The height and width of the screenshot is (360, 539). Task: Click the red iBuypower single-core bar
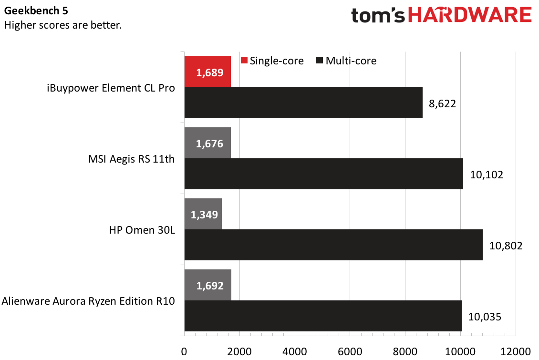[207, 72]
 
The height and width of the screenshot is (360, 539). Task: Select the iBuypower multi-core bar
[303, 103]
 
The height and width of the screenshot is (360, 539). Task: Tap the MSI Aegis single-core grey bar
[207, 143]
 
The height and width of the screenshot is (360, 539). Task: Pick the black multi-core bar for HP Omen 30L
[333, 245]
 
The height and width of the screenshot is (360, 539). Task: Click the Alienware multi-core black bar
[323, 316]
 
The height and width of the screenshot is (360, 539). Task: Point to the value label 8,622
[442, 103]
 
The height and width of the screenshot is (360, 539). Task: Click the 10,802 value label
[506, 246]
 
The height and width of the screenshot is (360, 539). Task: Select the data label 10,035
[484, 317]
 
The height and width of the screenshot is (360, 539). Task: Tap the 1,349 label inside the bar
[204, 214]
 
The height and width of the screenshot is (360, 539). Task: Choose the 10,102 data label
[486, 175]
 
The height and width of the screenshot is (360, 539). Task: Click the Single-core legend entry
[272, 61]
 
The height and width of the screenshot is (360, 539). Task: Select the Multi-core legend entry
[345, 61]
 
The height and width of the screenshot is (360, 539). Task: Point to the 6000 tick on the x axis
[350, 351]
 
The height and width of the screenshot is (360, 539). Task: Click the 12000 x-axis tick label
[516, 351]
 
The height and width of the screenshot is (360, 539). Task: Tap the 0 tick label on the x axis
[184, 351]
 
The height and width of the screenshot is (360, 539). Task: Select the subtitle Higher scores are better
[62, 25]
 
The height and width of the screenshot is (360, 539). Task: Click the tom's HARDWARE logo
[441, 16]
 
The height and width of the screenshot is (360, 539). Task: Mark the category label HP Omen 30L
[142, 230]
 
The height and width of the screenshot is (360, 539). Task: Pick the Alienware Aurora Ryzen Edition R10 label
[88, 301]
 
